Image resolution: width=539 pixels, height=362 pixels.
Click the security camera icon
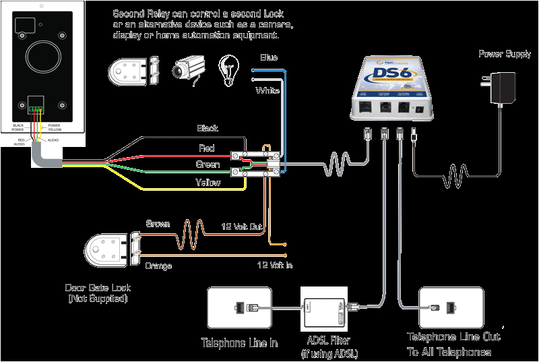click(x=187, y=69)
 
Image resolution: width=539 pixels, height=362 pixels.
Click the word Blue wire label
click(x=268, y=58)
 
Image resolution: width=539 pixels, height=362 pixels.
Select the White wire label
click(x=267, y=90)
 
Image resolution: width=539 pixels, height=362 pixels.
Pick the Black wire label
click(x=207, y=128)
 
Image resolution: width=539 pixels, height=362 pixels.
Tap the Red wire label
click(x=207, y=148)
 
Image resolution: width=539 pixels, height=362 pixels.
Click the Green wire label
click(x=208, y=164)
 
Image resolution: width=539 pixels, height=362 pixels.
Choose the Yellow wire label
click(x=208, y=182)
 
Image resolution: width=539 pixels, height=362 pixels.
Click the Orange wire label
click(x=158, y=266)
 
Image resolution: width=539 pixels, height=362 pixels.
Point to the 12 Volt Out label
click(x=242, y=228)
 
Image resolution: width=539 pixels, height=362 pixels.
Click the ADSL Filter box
click(x=324, y=309)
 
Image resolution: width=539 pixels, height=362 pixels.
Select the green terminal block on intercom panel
click(x=35, y=109)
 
